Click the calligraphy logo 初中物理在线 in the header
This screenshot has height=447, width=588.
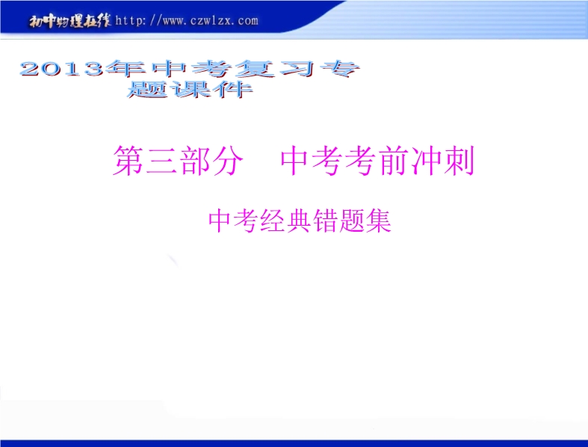(69, 21)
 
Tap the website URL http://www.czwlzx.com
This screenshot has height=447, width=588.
(187, 20)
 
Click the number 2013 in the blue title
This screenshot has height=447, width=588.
(62, 69)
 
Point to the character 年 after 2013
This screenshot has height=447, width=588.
(126, 68)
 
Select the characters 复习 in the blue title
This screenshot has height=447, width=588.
(274, 69)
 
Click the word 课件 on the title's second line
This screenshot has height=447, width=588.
(211, 89)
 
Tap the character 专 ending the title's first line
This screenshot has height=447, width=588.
(339, 69)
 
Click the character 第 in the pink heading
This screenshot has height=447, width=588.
(129, 161)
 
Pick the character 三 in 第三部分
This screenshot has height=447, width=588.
(161, 161)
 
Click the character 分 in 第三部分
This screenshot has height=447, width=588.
(227, 161)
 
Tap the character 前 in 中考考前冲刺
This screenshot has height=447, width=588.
(394, 161)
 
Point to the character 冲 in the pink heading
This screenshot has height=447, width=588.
(427, 161)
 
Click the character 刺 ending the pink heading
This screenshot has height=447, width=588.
(459, 161)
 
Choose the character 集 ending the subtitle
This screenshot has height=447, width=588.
(379, 221)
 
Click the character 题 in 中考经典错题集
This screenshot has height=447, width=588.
(352, 221)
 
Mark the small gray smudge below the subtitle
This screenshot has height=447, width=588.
(173, 261)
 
